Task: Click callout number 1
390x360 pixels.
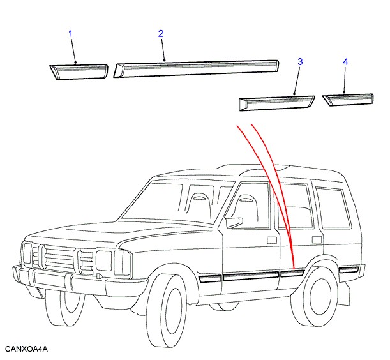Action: (x=71, y=33)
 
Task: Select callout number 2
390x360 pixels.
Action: (x=161, y=33)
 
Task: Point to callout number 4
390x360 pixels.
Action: (x=345, y=61)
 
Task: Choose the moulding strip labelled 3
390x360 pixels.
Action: (x=276, y=102)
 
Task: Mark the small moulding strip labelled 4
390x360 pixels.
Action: (x=348, y=99)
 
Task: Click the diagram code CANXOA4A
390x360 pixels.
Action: (x=26, y=349)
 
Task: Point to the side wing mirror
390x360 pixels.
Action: (x=234, y=221)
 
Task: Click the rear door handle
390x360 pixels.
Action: (x=317, y=239)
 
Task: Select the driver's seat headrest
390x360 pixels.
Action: (x=244, y=200)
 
